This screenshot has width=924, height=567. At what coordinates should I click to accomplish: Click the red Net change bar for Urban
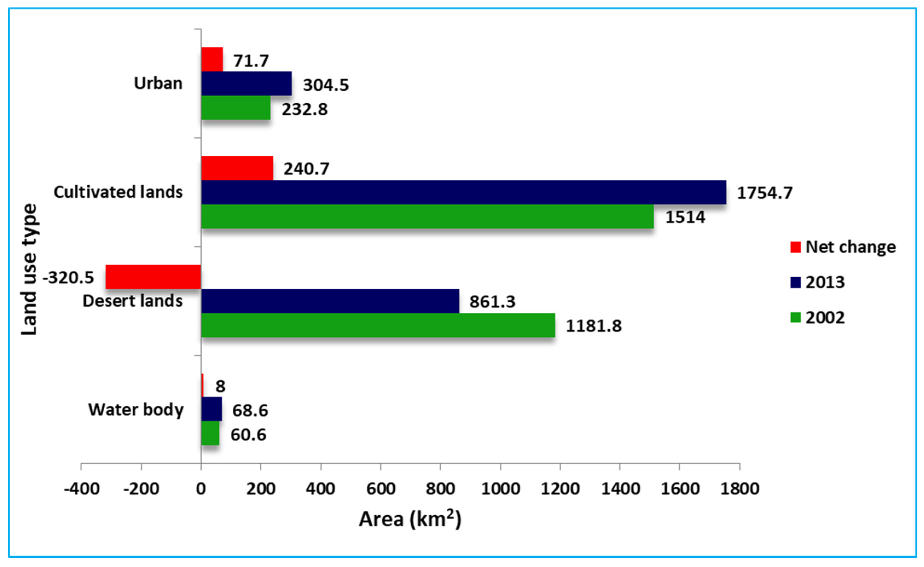coord(212,59)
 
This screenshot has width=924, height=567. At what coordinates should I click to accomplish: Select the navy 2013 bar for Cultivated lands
coord(463,192)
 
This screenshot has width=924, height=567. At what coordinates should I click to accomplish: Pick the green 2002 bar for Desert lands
coord(378,325)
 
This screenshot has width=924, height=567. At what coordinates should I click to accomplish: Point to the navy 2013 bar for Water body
coord(211,409)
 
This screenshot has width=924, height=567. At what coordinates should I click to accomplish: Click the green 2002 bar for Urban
coord(236,107)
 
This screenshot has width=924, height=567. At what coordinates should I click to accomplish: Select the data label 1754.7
coord(765,193)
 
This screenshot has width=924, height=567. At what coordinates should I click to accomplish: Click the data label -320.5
coord(68,278)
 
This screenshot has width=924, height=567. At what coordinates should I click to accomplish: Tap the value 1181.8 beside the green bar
coord(593,325)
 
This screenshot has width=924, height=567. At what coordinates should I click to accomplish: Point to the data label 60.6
coord(248,435)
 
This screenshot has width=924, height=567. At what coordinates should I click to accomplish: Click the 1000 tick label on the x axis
coord(500,489)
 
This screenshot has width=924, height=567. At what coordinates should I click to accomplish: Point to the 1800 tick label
coord(739,489)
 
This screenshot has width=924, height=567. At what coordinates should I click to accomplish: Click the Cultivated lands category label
coord(118,192)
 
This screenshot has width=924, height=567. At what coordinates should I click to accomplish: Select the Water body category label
coord(136,409)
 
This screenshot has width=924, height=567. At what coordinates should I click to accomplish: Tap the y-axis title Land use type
coord(29,269)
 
